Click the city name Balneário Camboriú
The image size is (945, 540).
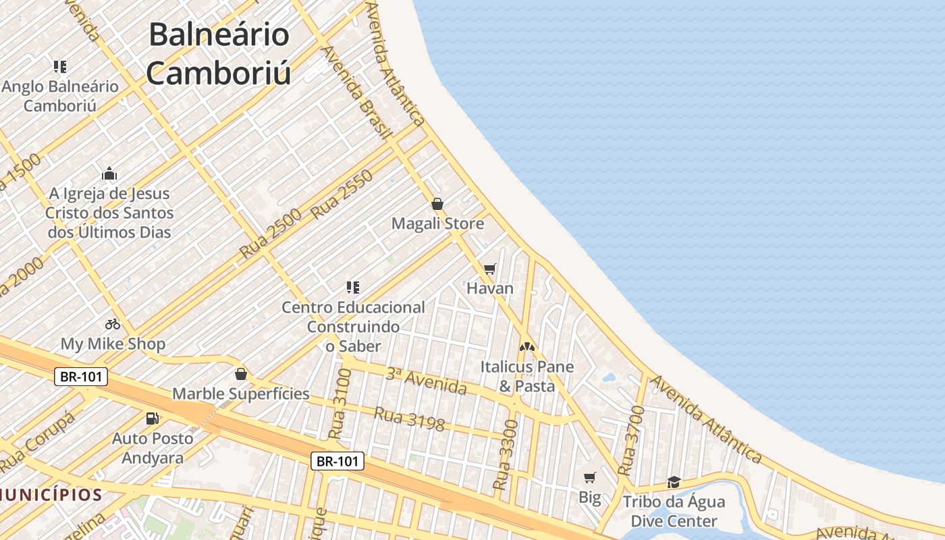pyautogui.click(x=219, y=54)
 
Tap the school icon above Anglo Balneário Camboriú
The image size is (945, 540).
pyautogui.click(x=60, y=67)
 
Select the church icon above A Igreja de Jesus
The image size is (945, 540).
pyautogui.click(x=109, y=173)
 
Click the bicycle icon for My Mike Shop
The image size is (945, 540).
pyautogui.click(x=113, y=324)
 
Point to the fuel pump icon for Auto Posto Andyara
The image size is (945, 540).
pyautogui.click(x=153, y=418)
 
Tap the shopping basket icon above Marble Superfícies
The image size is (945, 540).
pyautogui.click(x=241, y=374)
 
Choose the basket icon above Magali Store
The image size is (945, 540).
pyautogui.click(x=437, y=204)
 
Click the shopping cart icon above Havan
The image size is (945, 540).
pyautogui.click(x=490, y=269)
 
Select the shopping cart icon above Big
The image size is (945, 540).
pyautogui.click(x=590, y=478)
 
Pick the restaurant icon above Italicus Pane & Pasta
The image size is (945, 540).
pyautogui.click(x=526, y=347)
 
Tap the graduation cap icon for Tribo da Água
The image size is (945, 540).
pyautogui.click(x=674, y=482)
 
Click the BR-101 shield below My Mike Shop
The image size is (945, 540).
pyautogui.click(x=81, y=377)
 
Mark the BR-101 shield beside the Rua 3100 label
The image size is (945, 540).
pyautogui.click(x=337, y=462)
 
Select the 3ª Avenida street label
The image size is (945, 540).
pyautogui.click(x=426, y=381)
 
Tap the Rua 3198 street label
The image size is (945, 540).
pyautogui.click(x=409, y=418)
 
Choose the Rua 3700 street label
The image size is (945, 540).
pyautogui.click(x=628, y=439)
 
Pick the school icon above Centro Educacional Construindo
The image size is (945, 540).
pyautogui.click(x=352, y=288)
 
